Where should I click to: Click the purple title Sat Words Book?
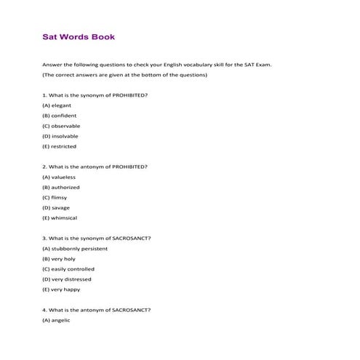(78, 36)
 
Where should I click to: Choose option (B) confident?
(60, 116)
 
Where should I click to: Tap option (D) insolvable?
(60, 136)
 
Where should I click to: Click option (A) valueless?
(59, 177)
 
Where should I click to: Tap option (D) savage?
(56, 207)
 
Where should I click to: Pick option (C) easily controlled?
(68, 269)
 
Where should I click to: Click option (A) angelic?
(56, 320)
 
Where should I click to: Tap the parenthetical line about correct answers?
(125, 75)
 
